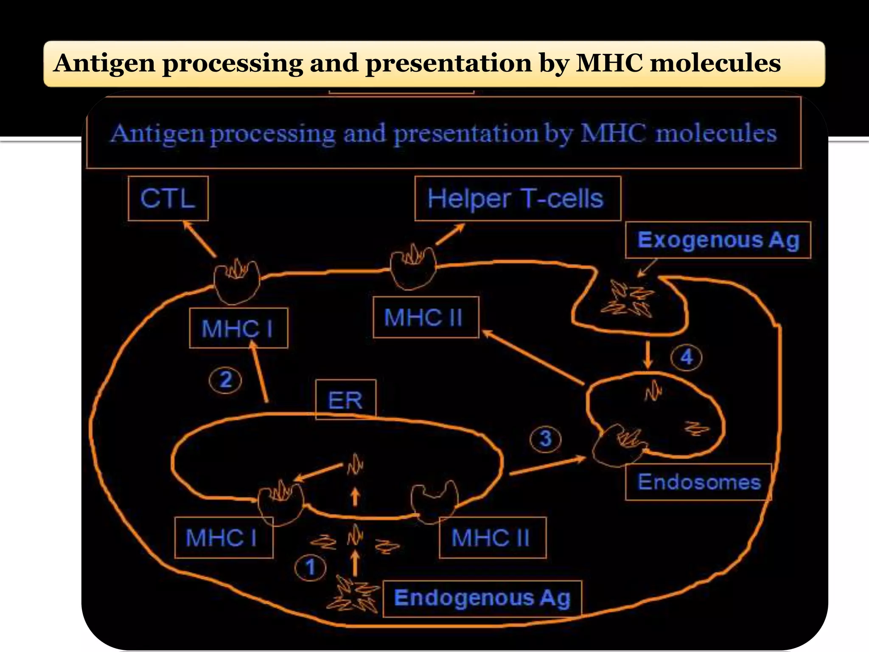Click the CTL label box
point(168,199)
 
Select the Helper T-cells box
point(517,199)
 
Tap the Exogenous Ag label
point(718,240)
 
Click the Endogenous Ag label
point(482,599)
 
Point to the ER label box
point(346,400)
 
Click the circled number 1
point(311,568)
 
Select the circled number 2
point(225,380)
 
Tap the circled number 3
point(546,439)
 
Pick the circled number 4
point(686,357)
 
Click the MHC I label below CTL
point(238,328)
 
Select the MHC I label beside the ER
point(223,538)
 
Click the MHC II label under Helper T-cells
point(426,318)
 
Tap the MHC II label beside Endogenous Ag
point(492,538)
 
